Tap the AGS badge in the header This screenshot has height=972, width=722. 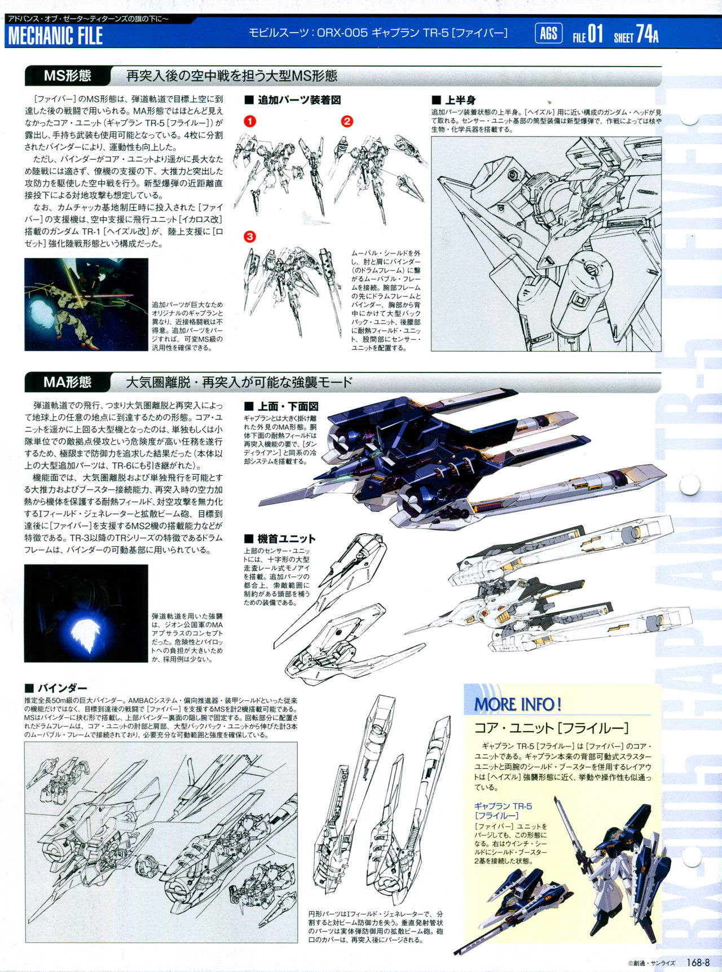click(x=548, y=34)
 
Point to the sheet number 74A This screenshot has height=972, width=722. click(x=647, y=34)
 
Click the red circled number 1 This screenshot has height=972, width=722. click(x=250, y=121)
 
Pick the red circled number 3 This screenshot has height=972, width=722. click(x=250, y=236)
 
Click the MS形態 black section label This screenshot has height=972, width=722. click(x=68, y=76)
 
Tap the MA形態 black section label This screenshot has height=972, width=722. click(x=68, y=382)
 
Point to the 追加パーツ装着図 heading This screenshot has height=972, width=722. click(x=293, y=100)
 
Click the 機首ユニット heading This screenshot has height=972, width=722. click(x=280, y=538)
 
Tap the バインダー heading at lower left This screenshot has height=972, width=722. click(x=56, y=688)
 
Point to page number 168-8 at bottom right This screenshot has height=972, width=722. click(x=698, y=963)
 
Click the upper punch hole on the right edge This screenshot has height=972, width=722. click(x=689, y=485)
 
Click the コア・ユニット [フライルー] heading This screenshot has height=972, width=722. click(x=551, y=728)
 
